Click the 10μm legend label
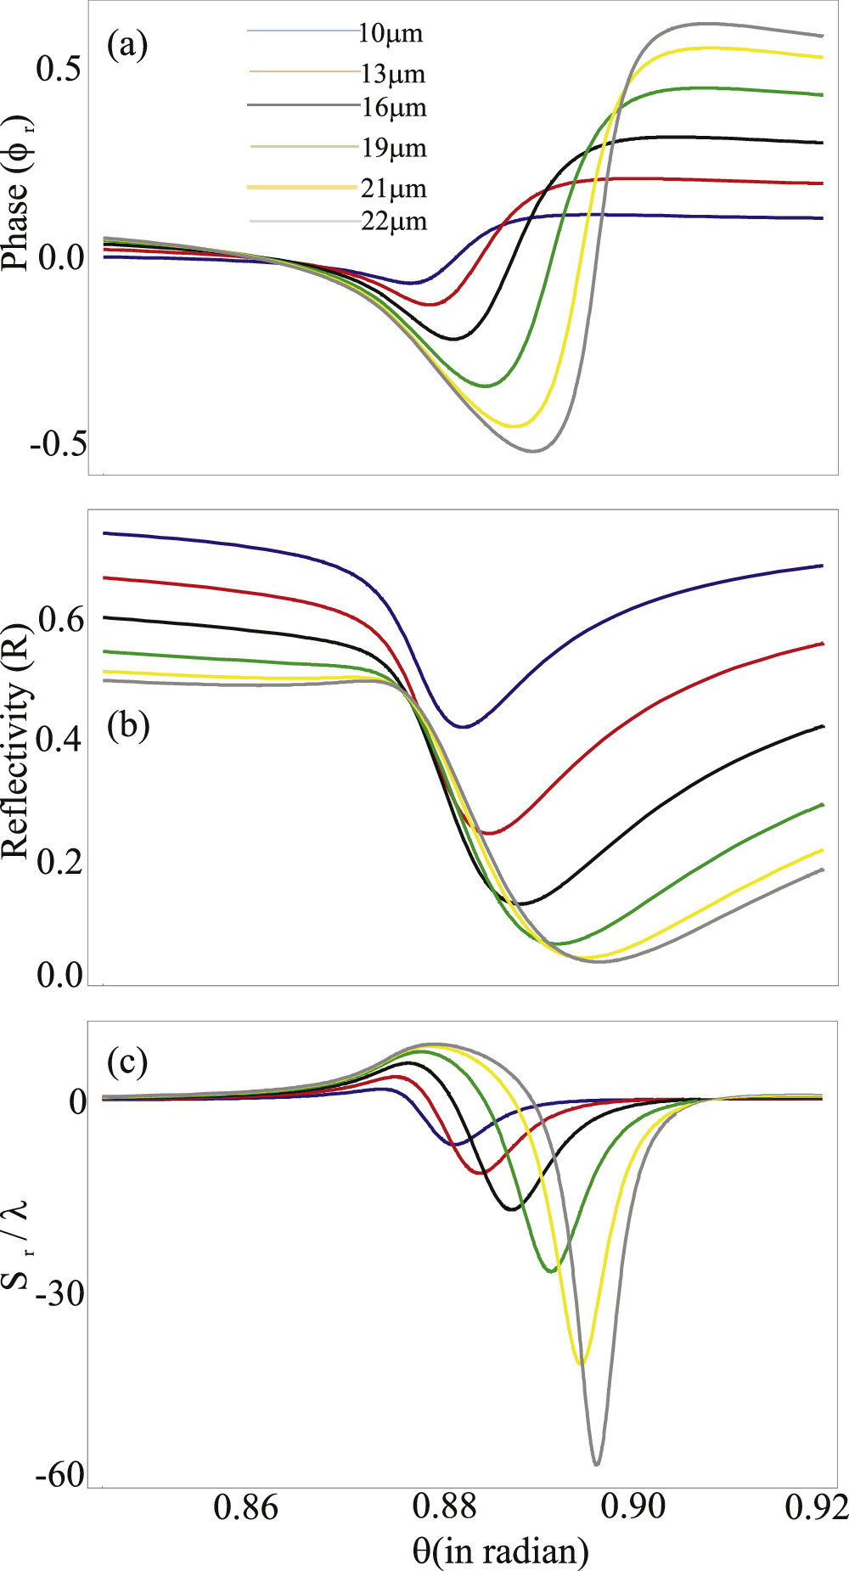point(390,34)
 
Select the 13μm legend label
point(392,74)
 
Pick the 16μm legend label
point(393,108)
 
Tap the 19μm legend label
point(393,149)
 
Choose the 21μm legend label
point(393,189)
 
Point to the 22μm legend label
point(393,222)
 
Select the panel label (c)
point(127,1061)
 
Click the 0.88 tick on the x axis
point(442,1507)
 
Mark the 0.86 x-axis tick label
point(246,1507)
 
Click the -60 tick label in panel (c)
point(59,1476)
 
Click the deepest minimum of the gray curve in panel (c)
point(597,1464)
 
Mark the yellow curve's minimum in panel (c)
point(580,1363)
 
